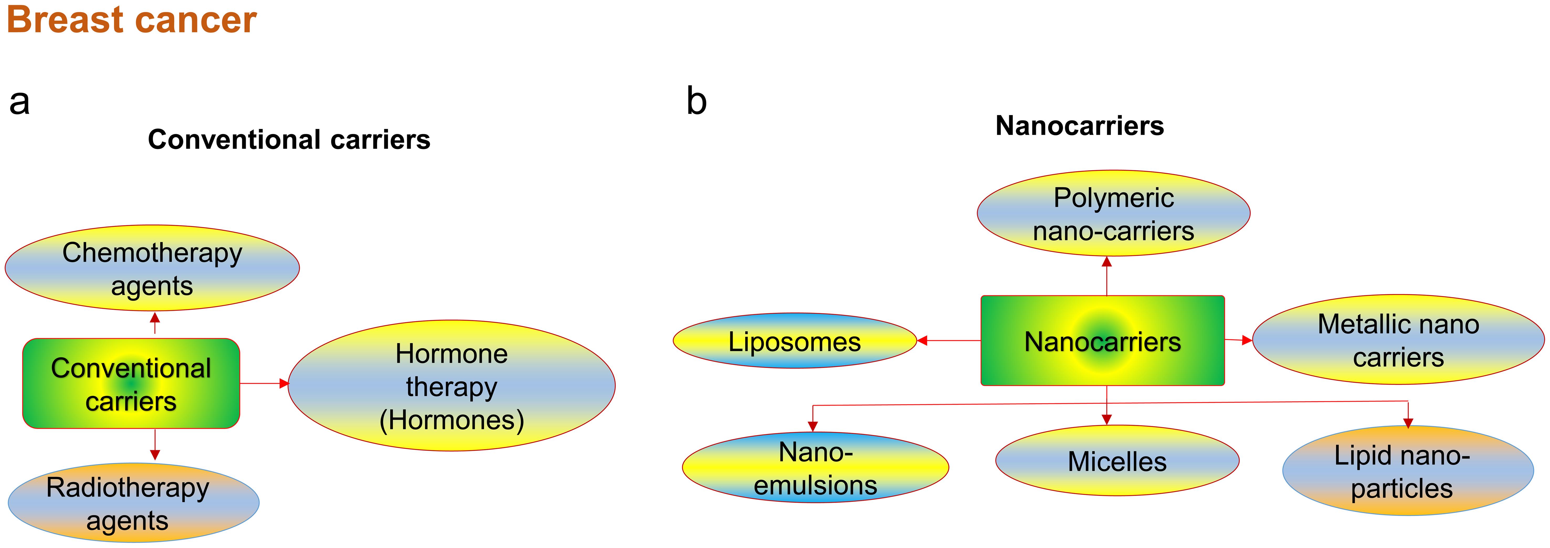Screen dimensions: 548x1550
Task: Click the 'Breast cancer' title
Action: (x=131, y=20)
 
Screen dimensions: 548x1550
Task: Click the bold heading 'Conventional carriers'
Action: (x=289, y=140)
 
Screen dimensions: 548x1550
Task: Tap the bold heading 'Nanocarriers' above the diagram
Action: (x=1079, y=126)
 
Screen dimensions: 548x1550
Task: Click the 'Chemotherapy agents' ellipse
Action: (x=152, y=268)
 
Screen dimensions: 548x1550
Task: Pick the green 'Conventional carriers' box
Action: (x=131, y=384)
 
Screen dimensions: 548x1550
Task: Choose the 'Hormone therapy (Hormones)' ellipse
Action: (x=451, y=386)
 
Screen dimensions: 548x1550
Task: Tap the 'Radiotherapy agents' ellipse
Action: (x=134, y=503)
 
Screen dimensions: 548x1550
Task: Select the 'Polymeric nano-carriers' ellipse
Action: (x=1113, y=214)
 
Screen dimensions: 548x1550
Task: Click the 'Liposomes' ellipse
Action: (x=794, y=341)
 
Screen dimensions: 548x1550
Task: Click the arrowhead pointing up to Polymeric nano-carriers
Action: (x=1106, y=262)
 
